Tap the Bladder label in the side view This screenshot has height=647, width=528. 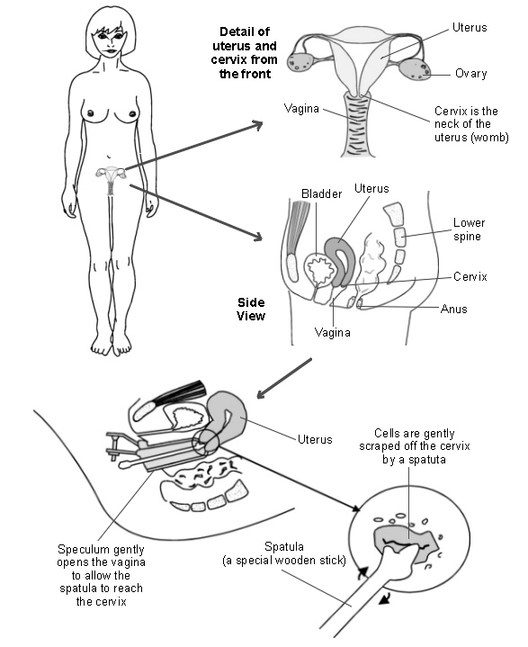(x=322, y=193)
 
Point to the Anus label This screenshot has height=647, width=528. (x=453, y=309)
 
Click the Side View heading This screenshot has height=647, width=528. (x=252, y=309)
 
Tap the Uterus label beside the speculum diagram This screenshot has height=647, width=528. (x=315, y=440)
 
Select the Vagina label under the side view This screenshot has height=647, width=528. (x=333, y=332)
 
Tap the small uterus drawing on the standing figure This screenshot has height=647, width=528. (x=112, y=175)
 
